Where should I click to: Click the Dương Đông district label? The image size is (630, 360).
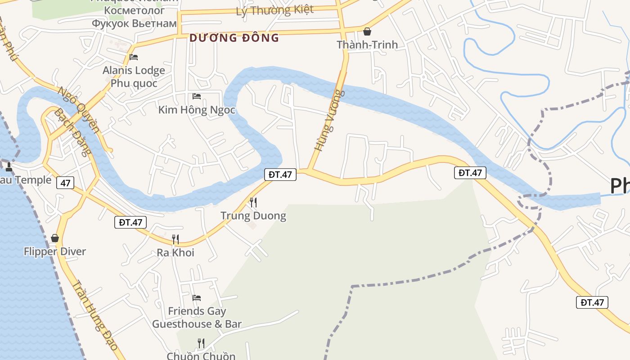click(234, 38)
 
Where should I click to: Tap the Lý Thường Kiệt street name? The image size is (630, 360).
click(274, 10)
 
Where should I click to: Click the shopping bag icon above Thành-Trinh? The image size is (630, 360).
click(367, 31)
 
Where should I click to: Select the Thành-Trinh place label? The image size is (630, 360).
click(367, 45)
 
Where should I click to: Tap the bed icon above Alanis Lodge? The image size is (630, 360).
click(134, 57)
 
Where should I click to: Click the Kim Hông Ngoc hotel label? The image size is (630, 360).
click(197, 110)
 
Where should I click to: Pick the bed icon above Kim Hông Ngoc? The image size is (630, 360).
click(197, 96)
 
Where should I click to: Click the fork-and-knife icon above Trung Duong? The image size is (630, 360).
click(253, 202)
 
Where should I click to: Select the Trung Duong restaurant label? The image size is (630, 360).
click(253, 216)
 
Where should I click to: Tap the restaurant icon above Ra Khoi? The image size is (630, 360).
click(175, 239)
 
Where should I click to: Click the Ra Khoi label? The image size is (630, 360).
click(175, 252)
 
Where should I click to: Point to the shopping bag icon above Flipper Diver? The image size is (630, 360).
click(55, 238)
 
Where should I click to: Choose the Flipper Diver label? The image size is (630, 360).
click(55, 252)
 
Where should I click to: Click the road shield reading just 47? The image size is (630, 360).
click(66, 183)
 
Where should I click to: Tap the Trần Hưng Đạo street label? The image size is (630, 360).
click(95, 315)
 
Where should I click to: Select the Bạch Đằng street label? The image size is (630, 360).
click(72, 131)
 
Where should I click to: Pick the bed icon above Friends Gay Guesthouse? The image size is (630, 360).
click(197, 298)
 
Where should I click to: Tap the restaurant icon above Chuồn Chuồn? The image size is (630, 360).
click(201, 343)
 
